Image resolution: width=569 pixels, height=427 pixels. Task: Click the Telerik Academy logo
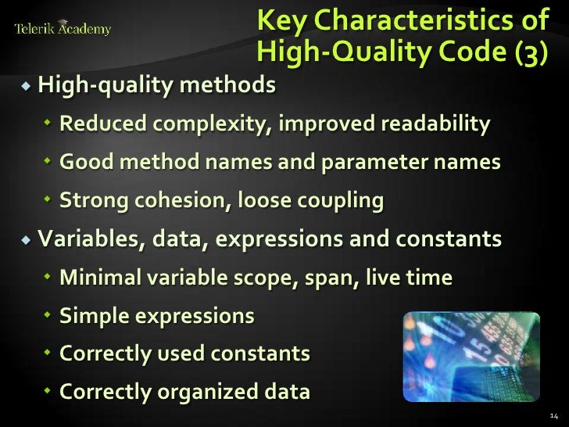63,30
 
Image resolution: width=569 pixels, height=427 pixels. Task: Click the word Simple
93,316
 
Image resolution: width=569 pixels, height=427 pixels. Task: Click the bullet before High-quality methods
27,84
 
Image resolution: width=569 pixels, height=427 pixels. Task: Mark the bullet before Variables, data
27,239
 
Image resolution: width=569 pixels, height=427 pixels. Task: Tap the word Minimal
99,277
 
